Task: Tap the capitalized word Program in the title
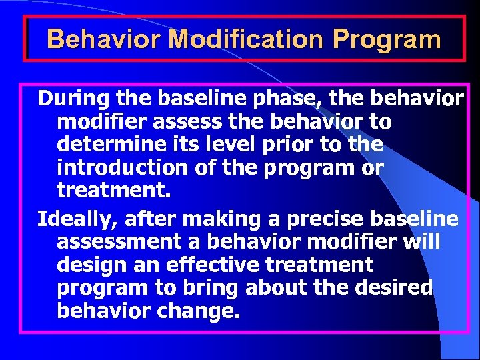coord(387,39)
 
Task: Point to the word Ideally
coord(74,218)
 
